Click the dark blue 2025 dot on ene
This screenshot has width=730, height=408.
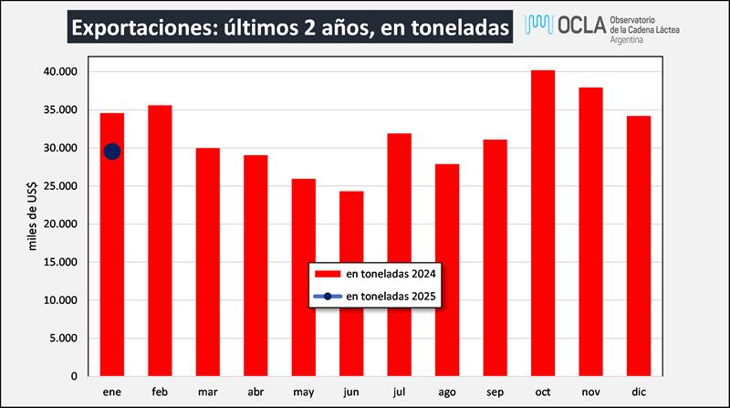coord(111,152)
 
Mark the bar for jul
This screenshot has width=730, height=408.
coord(399,255)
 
